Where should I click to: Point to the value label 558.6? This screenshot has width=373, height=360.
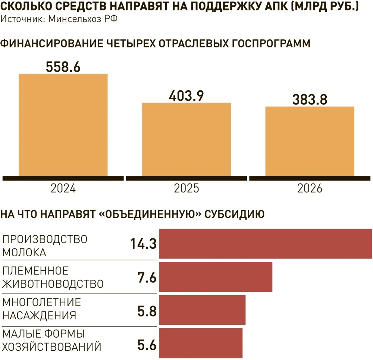point(63,66)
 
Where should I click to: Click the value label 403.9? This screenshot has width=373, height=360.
point(186,96)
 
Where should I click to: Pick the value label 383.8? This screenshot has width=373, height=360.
point(309,100)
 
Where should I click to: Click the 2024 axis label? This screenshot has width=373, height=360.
point(63,188)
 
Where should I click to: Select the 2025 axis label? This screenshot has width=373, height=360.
point(186,188)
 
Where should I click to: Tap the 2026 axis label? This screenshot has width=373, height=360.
point(310,188)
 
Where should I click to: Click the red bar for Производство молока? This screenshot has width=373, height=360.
point(266,244)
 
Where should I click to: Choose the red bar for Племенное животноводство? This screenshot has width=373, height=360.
point(216,277)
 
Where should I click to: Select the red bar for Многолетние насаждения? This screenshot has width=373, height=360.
point(202,310)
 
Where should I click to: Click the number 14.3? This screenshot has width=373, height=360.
point(143,244)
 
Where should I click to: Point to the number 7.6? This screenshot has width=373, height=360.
point(147,277)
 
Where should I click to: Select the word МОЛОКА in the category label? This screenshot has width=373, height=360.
point(25,252)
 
